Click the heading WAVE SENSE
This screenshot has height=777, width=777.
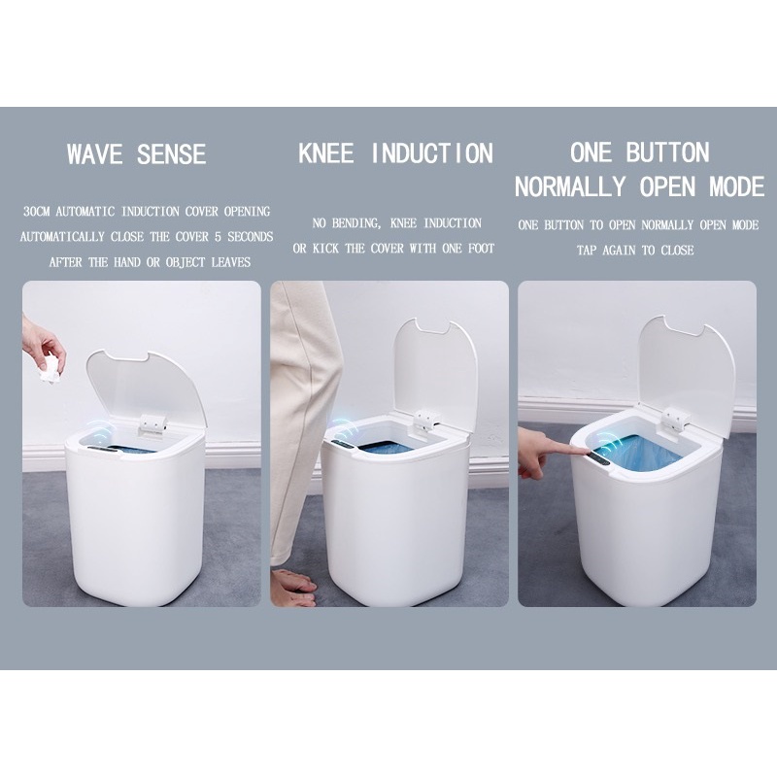(x=136, y=153)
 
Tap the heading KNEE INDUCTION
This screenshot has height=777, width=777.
(x=395, y=153)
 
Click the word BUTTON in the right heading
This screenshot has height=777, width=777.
(x=667, y=152)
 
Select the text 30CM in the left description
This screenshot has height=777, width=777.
(x=37, y=212)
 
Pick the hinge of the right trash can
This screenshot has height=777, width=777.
(x=676, y=419)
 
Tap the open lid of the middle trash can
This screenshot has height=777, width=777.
(x=435, y=369)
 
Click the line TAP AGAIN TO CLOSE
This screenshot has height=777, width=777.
(x=635, y=251)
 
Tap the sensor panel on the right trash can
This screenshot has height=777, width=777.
(x=601, y=457)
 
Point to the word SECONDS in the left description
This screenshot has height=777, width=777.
(x=251, y=236)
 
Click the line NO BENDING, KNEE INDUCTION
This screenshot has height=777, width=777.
(x=397, y=223)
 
